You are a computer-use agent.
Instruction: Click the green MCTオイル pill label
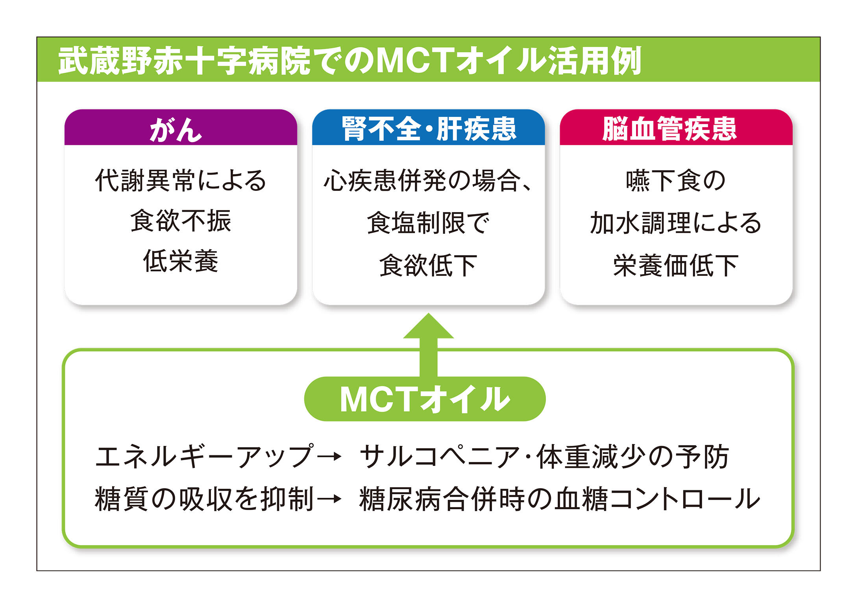pyautogui.click(x=425, y=399)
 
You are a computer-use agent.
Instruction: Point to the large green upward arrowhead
pyautogui.click(x=428, y=327)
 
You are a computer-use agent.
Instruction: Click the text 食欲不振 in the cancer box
pyautogui.click(x=181, y=221)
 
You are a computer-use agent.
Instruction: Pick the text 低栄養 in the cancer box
pyautogui.click(x=181, y=261)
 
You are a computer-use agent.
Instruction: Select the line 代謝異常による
pyautogui.click(x=181, y=181)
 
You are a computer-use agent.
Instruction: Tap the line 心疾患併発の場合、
pyautogui.click(x=428, y=181)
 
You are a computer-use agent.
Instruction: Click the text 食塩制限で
pyautogui.click(x=428, y=223)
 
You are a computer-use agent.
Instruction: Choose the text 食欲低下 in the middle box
pyautogui.click(x=428, y=265)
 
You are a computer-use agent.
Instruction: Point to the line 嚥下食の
pyautogui.click(x=676, y=181)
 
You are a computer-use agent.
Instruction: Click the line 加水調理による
pyautogui.click(x=676, y=223)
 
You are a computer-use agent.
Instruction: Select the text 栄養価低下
pyautogui.click(x=676, y=265)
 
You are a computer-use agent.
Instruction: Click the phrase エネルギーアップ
pyautogui.click(x=205, y=457)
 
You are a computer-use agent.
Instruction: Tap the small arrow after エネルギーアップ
pyautogui.click(x=330, y=457)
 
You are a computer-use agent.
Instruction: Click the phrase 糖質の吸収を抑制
pyautogui.click(x=205, y=499)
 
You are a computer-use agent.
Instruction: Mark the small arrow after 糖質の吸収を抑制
pyautogui.click(x=330, y=499)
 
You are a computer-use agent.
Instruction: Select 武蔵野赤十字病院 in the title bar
pyautogui.click(x=185, y=61)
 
